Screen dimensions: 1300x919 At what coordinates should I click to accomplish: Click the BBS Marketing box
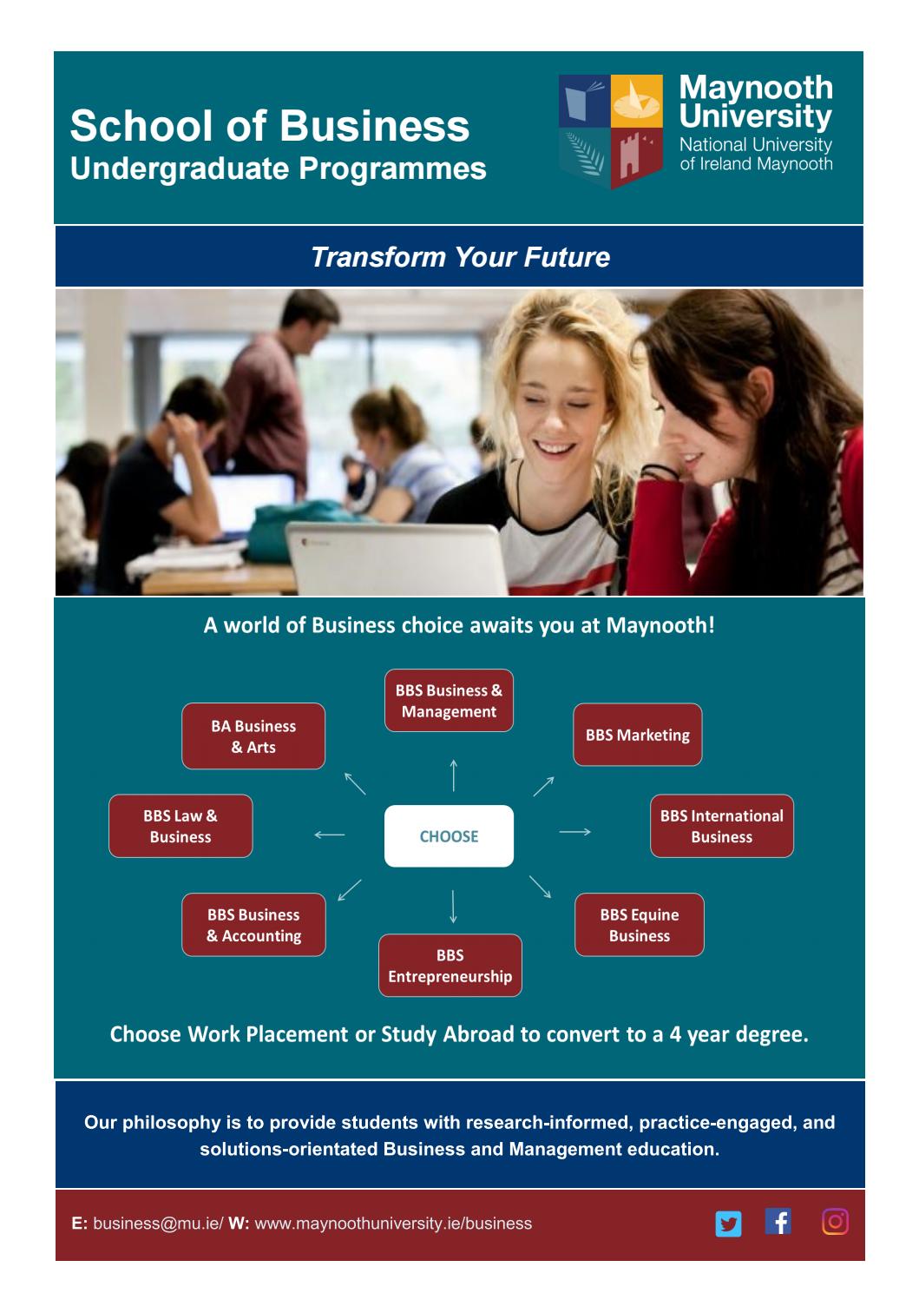[637, 735]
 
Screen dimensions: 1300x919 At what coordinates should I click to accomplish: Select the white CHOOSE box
[449, 836]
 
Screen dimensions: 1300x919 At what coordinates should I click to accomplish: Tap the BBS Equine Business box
[639, 925]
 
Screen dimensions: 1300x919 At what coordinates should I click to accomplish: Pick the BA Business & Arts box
[253, 736]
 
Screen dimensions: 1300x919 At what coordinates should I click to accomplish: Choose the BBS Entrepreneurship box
[450, 966]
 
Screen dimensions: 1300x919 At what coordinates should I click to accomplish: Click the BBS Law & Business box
[181, 826]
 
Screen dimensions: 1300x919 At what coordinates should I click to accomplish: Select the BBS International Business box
[721, 826]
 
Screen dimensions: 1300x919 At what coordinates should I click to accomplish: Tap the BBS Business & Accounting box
[253, 925]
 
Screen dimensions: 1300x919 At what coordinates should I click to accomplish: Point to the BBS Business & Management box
[449, 701]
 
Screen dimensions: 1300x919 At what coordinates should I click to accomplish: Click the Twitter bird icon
[728, 1224]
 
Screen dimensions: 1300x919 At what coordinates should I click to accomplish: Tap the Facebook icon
[778, 1222]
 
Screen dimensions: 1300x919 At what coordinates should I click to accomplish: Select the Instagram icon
[834, 1222]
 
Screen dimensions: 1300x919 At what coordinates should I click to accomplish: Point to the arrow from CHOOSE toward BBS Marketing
[543, 785]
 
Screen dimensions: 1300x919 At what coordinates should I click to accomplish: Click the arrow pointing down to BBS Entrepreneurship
[452, 906]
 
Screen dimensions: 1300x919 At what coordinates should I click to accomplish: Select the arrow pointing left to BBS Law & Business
[330, 835]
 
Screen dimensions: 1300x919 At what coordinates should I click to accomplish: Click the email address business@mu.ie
[156, 1224]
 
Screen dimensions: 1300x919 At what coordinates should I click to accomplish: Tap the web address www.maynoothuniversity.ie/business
[393, 1224]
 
